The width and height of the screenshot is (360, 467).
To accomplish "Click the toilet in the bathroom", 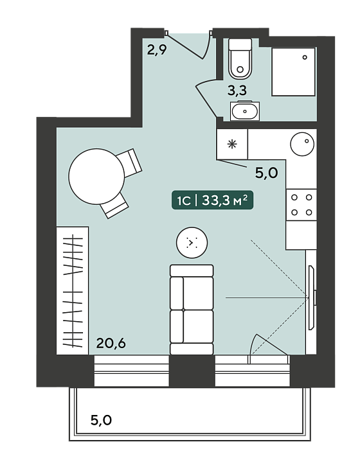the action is point(240,58).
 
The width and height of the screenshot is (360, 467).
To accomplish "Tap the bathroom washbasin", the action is point(245,111).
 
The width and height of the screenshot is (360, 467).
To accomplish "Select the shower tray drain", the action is point(305,57).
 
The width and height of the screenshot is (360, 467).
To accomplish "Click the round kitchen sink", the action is point(302,144).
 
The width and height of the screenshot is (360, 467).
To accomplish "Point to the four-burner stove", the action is point(301,205).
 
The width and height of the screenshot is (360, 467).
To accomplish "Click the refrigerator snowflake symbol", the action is point(232,145).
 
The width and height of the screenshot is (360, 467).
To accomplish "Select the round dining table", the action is point(96,176).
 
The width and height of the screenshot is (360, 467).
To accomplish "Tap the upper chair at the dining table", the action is point(129,163).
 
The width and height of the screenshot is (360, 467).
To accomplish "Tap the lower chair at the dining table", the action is point(114,206).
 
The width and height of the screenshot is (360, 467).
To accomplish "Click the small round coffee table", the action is point(192,243).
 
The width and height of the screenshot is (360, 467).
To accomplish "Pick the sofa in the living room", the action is point(192,310).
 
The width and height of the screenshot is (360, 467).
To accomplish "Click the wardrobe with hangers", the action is point(73,291).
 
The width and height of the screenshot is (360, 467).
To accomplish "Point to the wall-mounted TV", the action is point(312,297).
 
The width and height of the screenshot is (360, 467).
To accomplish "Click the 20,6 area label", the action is point(111,344).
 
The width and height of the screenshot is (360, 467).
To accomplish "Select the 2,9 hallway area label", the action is point(157,50).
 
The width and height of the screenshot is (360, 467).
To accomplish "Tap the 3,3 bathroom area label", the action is point(237,91).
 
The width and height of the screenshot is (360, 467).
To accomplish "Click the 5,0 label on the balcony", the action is point(102,420).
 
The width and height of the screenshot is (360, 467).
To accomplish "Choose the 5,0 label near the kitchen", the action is point(266,173).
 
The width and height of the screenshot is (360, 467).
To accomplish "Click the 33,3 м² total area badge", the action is point(213,200).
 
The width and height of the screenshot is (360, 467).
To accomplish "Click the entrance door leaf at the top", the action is point(185,46).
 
